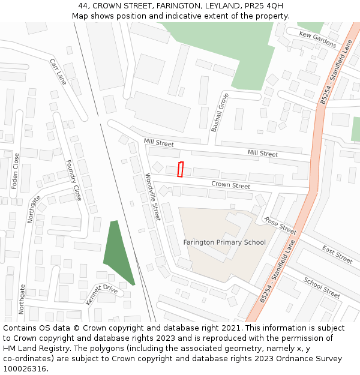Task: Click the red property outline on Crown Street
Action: (180, 169)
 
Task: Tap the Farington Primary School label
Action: (224, 242)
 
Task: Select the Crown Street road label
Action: (231, 185)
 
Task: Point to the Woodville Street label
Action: (153, 197)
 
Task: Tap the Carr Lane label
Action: (58, 71)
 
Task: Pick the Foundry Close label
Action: (73, 180)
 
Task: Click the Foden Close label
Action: (16, 171)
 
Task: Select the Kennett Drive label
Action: (101, 295)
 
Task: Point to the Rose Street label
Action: (280, 226)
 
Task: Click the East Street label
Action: (337, 254)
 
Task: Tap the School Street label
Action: (322, 288)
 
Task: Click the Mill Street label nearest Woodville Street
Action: (159, 143)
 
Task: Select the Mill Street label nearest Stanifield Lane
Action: (263, 154)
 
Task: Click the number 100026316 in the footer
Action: (25, 369)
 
